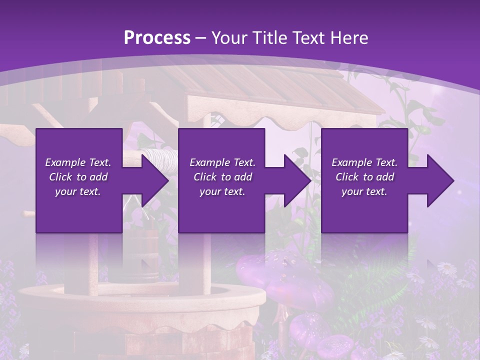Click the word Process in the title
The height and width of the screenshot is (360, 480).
pos(157,38)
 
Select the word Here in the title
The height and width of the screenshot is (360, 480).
pos(349,38)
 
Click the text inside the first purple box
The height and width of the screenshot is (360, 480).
pos(78,177)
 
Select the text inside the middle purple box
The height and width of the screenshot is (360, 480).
pos(222,177)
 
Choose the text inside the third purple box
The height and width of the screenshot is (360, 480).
pos(364,177)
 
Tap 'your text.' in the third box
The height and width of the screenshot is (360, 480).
pos(364,191)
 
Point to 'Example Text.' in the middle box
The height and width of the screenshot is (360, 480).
pos(222,162)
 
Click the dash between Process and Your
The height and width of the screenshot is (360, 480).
pos(201,38)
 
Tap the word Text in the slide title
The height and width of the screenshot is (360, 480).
pos(309,38)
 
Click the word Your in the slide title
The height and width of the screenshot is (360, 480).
pos(228,38)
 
